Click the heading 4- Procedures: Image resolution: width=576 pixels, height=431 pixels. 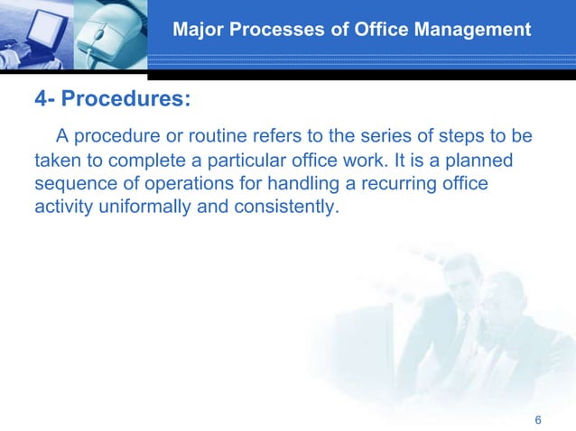coord(112,98)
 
